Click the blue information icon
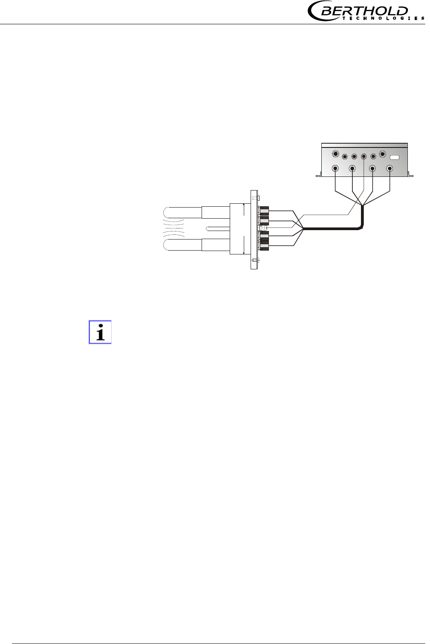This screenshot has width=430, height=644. [100, 332]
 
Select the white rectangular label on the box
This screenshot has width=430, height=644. [395, 157]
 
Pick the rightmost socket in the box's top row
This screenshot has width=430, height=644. [382, 154]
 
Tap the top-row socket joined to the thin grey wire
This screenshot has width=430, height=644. [364, 156]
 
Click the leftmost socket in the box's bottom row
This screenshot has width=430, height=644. [336, 168]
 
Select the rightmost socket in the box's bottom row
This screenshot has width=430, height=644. [390, 168]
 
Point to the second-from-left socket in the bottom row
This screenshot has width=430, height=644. [352, 168]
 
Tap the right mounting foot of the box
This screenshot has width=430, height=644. [410, 174]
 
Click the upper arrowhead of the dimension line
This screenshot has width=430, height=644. [243, 205]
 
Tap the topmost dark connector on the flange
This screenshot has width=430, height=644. [264, 210]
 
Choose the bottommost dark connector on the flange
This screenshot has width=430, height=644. [264, 246]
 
